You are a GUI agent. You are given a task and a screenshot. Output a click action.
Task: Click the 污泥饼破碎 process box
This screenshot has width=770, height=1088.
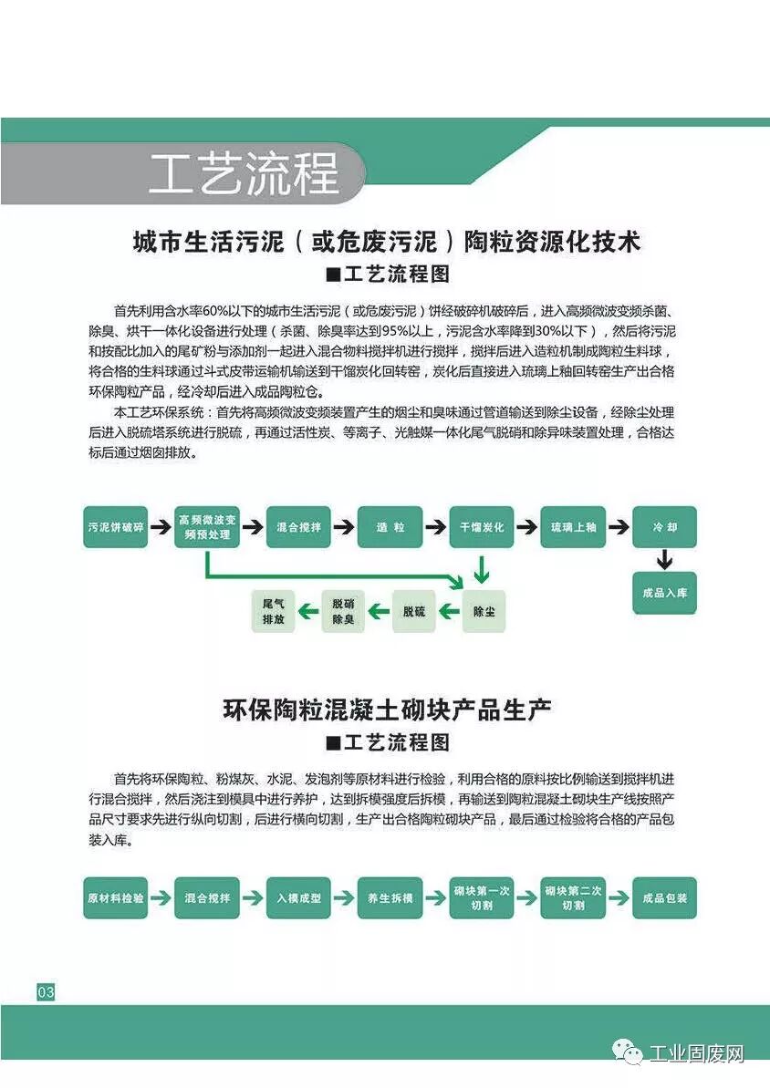116,527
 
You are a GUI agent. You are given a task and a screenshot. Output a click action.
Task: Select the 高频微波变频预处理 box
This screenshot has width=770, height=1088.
207,527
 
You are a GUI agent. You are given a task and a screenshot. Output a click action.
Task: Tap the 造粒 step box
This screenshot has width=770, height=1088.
390,527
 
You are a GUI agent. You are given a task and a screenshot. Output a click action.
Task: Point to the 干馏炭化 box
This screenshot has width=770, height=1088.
482,527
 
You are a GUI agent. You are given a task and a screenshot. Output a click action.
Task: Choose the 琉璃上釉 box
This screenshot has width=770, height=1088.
573,527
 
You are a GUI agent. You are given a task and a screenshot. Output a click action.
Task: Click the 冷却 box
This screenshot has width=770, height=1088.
664,527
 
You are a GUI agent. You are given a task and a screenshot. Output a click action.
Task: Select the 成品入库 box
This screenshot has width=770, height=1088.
664,593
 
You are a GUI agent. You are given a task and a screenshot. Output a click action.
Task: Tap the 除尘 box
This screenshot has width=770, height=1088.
484,611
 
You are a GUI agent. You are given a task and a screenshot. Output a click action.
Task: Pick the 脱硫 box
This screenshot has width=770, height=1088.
414,611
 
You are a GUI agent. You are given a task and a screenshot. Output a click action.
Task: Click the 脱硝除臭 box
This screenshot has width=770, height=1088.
343,611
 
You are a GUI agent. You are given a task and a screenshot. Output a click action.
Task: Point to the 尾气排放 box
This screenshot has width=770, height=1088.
274,611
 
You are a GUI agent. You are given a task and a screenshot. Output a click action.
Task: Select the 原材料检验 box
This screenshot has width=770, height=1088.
116,897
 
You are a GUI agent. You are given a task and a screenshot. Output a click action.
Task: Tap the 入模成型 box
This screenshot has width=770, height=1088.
298,897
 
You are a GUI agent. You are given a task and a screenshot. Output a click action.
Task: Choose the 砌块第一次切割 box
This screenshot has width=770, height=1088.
482,897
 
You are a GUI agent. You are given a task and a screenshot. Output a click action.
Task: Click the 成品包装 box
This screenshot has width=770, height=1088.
664,897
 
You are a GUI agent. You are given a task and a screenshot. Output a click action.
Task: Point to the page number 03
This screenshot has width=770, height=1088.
46,992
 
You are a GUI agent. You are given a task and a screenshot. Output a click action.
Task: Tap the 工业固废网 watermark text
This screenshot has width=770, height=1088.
696,1054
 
